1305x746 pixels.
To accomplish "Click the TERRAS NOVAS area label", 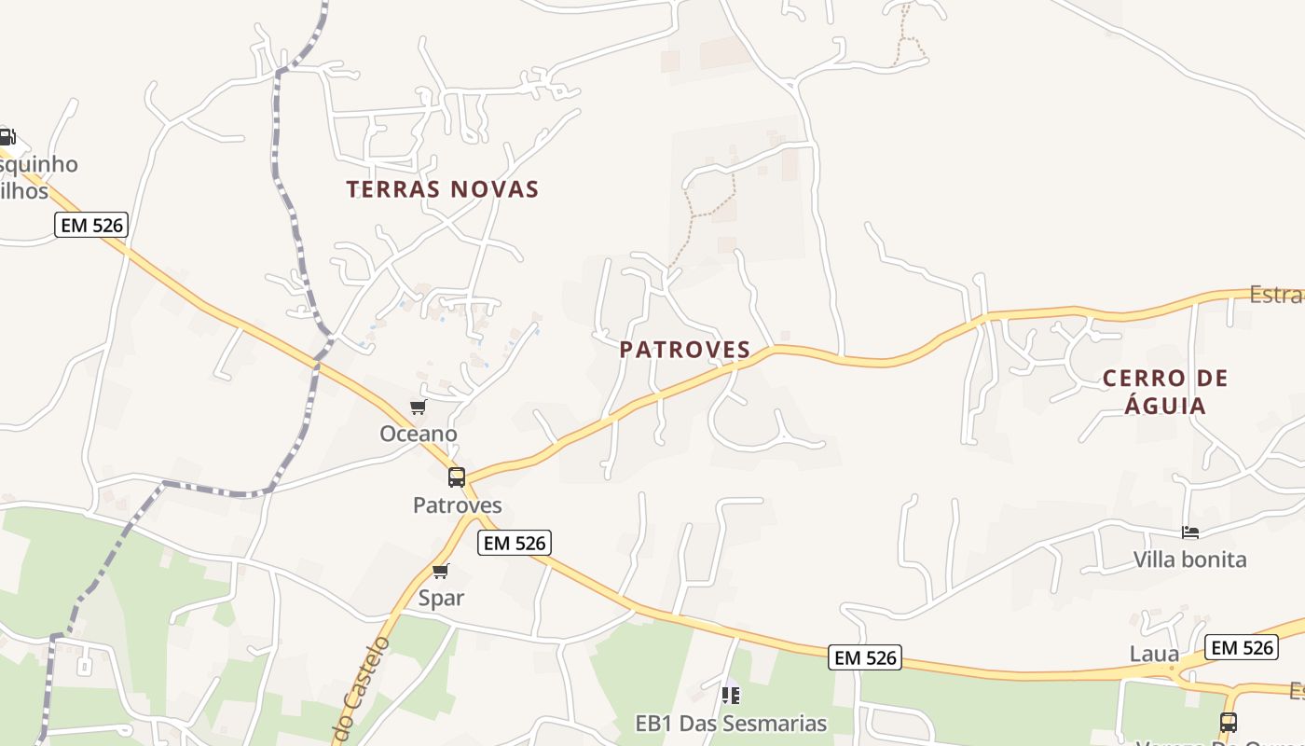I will [x=443, y=189].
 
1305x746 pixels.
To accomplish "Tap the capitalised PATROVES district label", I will [x=685, y=350].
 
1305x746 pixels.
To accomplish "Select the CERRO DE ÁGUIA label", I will [x=1165, y=392].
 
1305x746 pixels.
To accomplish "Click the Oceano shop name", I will [x=419, y=434].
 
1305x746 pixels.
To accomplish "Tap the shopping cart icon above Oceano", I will [x=419, y=407].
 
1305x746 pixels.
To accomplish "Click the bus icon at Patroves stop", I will [x=457, y=477].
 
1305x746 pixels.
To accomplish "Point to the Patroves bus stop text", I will [x=458, y=505].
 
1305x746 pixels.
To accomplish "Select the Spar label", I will [x=441, y=598].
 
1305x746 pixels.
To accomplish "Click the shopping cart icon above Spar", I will [x=441, y=571].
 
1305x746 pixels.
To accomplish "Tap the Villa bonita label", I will [x=1190, y=559].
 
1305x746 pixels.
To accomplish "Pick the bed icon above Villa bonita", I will [x=1190, y=532].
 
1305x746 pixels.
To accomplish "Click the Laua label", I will [x=1154, y=654].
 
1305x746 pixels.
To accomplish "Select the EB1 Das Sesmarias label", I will [x=731, y=724].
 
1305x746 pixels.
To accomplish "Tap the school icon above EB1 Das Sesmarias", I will [x=731, y=696].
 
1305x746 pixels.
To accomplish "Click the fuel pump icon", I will [x=7, y=137].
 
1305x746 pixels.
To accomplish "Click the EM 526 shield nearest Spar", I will [x=515, y=543].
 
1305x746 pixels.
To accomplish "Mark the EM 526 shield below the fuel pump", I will [x=90, y=225].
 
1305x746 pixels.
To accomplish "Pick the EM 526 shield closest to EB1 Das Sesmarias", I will [x=865, y=657].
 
